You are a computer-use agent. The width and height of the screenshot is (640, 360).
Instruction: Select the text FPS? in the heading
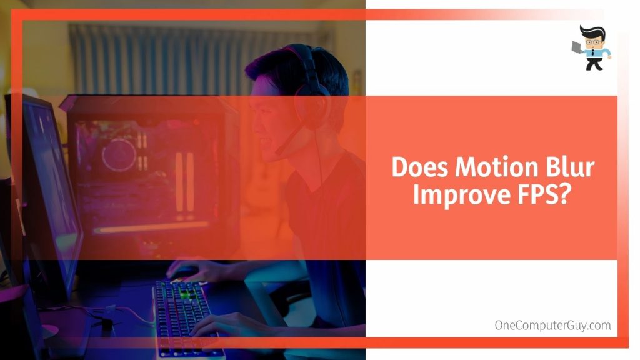[x=546, y=195]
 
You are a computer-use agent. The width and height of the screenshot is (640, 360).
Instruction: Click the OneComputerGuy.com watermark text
[x=552, y=325]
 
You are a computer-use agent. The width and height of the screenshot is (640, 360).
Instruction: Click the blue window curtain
[x=156, y=56]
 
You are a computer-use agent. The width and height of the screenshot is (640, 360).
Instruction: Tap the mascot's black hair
[x=591, y=31]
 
